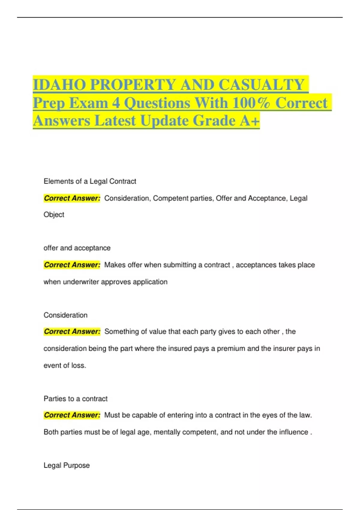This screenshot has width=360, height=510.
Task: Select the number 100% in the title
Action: tap(251, 103)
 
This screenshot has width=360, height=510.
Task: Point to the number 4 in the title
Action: tap(116, 103)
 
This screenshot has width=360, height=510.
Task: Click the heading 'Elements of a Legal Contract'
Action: tap(90, 181)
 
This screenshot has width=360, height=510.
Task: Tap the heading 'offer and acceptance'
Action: tap(77, 248)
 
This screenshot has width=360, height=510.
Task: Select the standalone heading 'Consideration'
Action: tap(65, 315)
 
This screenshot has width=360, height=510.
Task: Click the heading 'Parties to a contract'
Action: tap(75, 399)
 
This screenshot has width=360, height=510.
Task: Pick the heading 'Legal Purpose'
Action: tap(67, 465)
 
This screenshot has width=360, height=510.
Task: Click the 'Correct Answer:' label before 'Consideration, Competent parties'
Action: tap(72, 198)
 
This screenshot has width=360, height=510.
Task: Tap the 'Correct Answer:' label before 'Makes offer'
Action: tap(72, 265)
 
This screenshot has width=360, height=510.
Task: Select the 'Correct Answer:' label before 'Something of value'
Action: tap(72, 331)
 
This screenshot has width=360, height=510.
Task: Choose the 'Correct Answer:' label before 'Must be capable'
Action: tap(72, 415)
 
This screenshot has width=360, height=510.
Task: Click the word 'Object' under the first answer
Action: tap(54, 215)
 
